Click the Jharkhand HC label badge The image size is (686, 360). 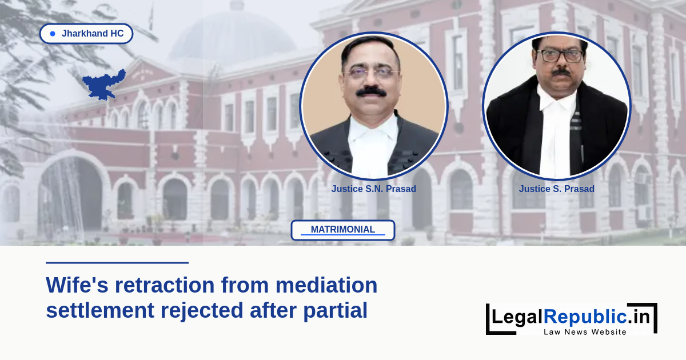[86, 33]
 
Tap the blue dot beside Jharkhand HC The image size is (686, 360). [53, 34]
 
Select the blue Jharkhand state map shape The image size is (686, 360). [104, 85]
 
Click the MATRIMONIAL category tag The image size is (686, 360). [342, 230]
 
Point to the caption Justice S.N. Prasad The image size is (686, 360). [374, 189]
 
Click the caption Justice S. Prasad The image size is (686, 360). [556, 189]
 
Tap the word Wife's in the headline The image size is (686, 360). [77, 285]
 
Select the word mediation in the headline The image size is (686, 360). [326, 285]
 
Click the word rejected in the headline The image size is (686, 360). [202, 311]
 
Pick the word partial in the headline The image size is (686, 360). [336, 311]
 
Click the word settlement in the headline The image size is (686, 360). [100, 310]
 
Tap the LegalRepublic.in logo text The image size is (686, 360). [571, 317]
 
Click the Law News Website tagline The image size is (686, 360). [585, 332]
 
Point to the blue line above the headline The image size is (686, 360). [117, 263]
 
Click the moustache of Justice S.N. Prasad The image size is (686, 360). [371, 91]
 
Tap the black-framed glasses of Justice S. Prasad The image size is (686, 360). [560, 56]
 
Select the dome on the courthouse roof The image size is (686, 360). [233, 34]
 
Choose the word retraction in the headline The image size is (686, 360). [165, 285]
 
